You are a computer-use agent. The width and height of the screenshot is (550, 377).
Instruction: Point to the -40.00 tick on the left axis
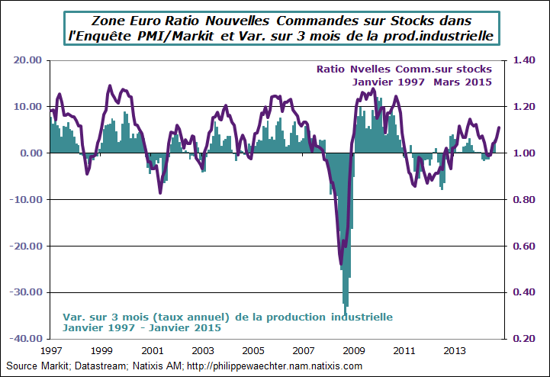26,338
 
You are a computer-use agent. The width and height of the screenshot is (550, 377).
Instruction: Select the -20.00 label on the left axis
26,246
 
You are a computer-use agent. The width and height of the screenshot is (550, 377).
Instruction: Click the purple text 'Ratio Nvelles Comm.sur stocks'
404,69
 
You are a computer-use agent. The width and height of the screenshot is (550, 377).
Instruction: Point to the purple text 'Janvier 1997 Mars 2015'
421,81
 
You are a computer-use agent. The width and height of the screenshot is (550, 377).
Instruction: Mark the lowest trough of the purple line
341,265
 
